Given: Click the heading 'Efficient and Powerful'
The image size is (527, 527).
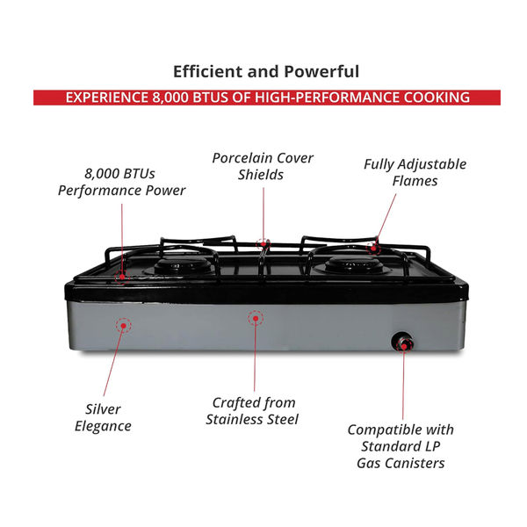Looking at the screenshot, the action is (266, 72).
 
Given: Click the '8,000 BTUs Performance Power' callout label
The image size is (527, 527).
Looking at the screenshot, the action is (121, 182).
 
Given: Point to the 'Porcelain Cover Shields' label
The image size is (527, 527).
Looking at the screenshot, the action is (263, 166).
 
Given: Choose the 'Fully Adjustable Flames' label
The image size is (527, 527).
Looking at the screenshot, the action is (415, 172).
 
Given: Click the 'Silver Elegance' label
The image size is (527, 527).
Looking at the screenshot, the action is (103, 418).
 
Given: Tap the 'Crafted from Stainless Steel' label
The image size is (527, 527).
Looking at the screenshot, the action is (252, 411).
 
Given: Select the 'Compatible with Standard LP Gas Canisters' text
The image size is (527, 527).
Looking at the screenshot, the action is (401, 446).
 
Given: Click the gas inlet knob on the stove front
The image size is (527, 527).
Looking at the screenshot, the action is (402, 342).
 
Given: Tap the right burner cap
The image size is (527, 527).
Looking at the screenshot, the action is (354, 264).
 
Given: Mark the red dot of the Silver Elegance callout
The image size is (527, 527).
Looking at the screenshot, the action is (124, 325).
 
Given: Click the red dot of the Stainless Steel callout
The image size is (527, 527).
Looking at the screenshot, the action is (256, 318).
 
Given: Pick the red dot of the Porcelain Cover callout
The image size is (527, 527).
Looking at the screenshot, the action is (263, 244).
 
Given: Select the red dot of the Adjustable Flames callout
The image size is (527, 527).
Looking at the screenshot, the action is (373, 249).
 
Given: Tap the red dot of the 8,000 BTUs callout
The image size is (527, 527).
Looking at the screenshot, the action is (122, 277).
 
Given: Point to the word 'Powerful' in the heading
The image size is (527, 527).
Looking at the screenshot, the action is (321, 72).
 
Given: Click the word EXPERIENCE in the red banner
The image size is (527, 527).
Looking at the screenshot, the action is (107, 97).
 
